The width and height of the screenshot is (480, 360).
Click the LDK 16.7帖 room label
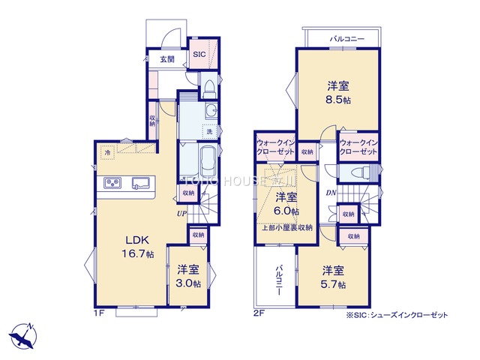pos(139,247)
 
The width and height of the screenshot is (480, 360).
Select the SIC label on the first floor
pos(199,55)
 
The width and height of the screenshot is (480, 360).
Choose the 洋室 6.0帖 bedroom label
pos(285,205)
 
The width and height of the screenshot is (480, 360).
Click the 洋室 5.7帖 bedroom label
pos(334,277)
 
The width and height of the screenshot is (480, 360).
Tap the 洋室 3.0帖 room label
pos(188,277)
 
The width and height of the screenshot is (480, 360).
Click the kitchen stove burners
pos(113,182)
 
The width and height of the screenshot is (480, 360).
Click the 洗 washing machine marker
pos(209,132)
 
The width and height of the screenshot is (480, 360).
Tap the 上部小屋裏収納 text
pos(286,227)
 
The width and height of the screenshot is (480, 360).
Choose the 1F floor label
pos(98,312)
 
